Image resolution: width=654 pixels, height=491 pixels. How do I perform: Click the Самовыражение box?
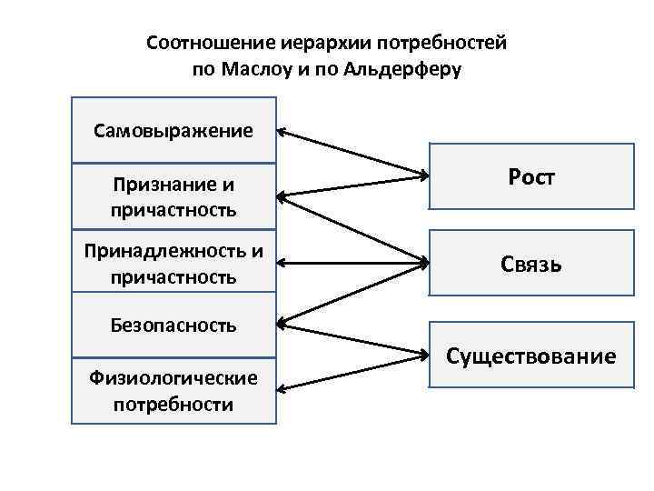173,130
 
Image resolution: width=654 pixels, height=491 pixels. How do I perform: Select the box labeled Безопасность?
173,325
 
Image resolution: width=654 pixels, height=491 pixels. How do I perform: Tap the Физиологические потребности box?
173,391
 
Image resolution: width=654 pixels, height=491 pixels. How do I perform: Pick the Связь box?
530,265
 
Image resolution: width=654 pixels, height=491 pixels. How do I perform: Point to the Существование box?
530,356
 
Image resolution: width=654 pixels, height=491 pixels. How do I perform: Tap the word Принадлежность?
164,251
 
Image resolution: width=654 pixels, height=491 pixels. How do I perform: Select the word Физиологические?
173,377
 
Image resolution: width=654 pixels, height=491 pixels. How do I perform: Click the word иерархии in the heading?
294,44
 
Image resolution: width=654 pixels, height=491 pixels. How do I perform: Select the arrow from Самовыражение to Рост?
352,152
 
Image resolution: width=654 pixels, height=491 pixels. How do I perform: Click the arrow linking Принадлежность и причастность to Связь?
352,264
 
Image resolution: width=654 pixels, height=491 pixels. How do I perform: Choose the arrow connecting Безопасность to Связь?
352,293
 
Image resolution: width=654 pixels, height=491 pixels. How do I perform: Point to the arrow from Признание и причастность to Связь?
352,229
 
